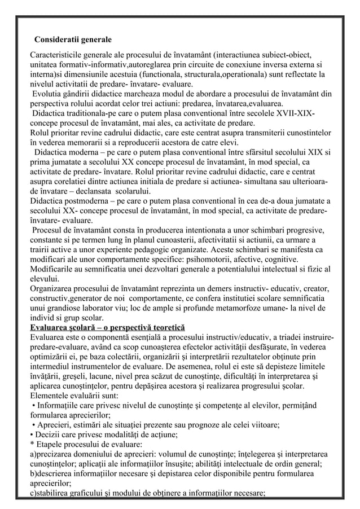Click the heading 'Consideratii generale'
(x=73, y=40)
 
